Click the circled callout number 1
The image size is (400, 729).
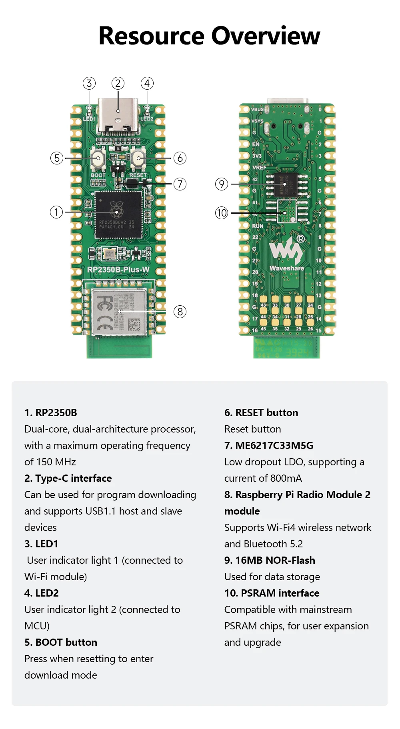pos(56,212)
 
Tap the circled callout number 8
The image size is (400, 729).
pos(180,312)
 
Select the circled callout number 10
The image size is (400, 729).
pos(222,213)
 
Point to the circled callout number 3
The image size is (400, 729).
pos(89,83)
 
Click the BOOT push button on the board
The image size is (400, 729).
pos(98,158)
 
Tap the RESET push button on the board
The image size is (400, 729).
pos(138,158)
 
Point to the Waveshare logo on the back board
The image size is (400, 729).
pos(286,254)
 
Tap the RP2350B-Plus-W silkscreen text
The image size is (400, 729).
pos(118,270)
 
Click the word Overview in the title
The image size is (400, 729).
pos(266,36)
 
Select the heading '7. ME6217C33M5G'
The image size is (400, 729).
pos(269,445)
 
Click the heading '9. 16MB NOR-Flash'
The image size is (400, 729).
pos(270,560)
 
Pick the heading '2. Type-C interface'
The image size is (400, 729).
pos(68,478)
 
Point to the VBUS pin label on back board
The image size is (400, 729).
pos(257,109)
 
